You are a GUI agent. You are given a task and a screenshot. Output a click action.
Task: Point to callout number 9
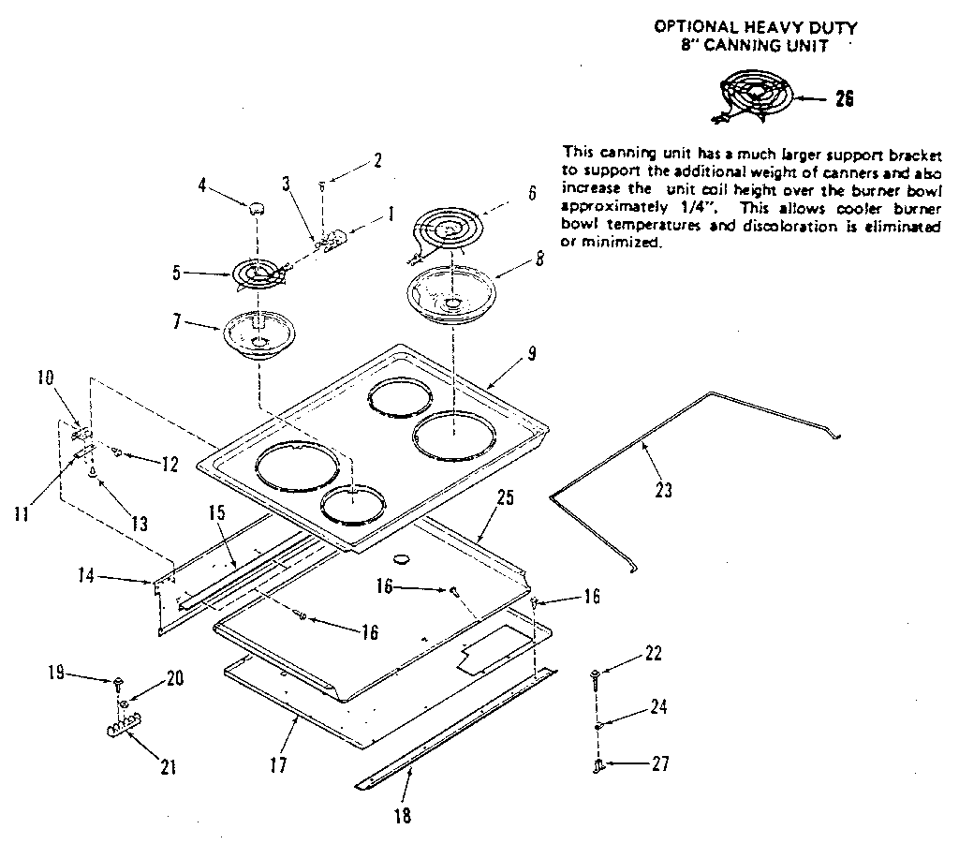tap(531, 353)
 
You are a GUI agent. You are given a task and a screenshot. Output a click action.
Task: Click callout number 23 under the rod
tap(663, 489)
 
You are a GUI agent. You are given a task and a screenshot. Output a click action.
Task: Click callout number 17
tap(278, 765)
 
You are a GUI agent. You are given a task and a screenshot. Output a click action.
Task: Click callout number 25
tap(505, 499)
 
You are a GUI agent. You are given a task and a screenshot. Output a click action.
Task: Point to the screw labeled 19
tap(120, 682)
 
